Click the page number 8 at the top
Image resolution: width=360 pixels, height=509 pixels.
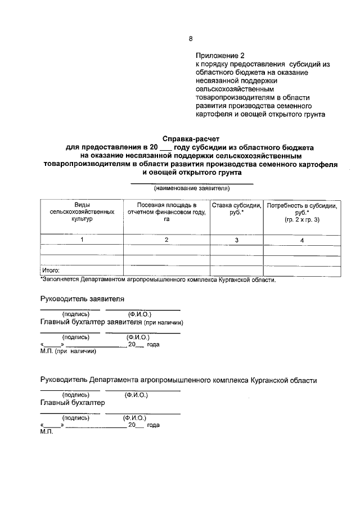(x=190, y=39)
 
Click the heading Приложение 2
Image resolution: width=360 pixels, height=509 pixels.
(x=220, y=56)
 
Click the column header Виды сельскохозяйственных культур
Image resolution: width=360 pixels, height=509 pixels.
(x=82, y=212)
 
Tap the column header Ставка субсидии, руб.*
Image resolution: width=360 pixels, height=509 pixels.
(x=236, y=209)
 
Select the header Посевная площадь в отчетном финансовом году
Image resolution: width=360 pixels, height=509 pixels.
(x=166, y=212)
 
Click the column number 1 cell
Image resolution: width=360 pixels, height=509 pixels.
(x=82, y=240)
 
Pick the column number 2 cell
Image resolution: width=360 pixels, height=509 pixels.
(x=166, y=240)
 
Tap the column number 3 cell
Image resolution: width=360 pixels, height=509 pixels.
(x=236, y=240)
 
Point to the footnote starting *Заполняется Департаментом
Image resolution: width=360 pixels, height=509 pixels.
(x=157, y=280)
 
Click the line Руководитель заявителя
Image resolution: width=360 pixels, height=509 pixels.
(x=82, y=299)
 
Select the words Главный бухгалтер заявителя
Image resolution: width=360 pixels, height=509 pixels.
(x=91, y=322)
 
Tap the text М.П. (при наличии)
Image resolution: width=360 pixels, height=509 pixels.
(x=68, y=352)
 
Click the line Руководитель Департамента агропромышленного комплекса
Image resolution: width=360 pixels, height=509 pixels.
(x=178, y=380)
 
